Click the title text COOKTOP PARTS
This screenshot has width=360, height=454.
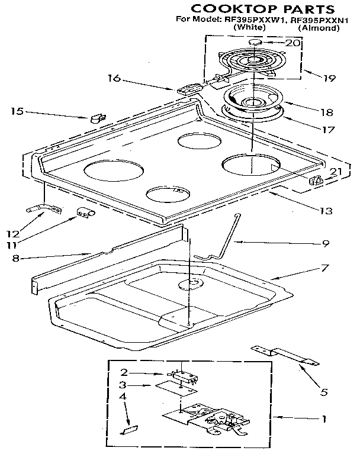pyautogui.click(x=261, y=8)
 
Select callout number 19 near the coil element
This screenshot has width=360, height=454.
pyautogui.click(x=312, y=76)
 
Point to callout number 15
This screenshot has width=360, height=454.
pyautogui.click(x=18, y=110)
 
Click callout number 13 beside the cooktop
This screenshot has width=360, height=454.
pyautogui.click(x=325, y=210)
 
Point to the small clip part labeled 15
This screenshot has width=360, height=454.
pyautogui.click(x=97, y=118)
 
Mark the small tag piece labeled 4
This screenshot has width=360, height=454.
pyautogui.click(x=128, y=428)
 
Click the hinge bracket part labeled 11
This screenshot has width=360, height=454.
pyautogui.click(x=86, y=213)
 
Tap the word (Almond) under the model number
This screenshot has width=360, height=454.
pyautogui.click(x=319, y=28)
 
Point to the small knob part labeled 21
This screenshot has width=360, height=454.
pyautogui.click(x=317, y=181)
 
